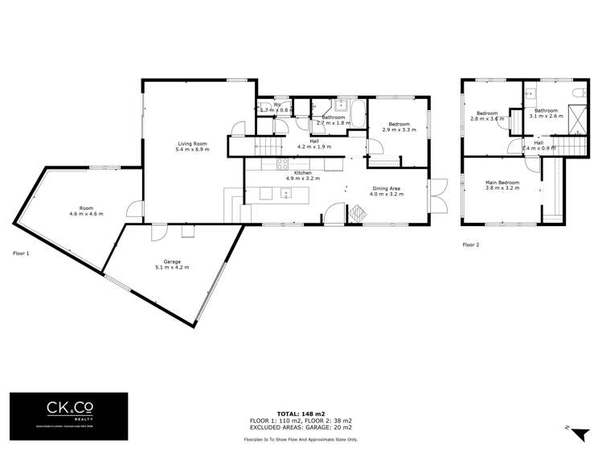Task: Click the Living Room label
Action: (193, 144)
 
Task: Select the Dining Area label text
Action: (385, 188)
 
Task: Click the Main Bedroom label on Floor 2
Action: (502, 183)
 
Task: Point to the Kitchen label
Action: (302, 173)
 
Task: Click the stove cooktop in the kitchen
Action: (284, 164)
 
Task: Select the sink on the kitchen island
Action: (285, 193)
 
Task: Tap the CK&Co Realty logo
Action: (68, 415)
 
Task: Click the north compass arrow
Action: (576, 434)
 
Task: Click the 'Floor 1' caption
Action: (21, 253)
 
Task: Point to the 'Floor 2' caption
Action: (470, 244)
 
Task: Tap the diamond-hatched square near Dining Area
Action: (357, 211)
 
